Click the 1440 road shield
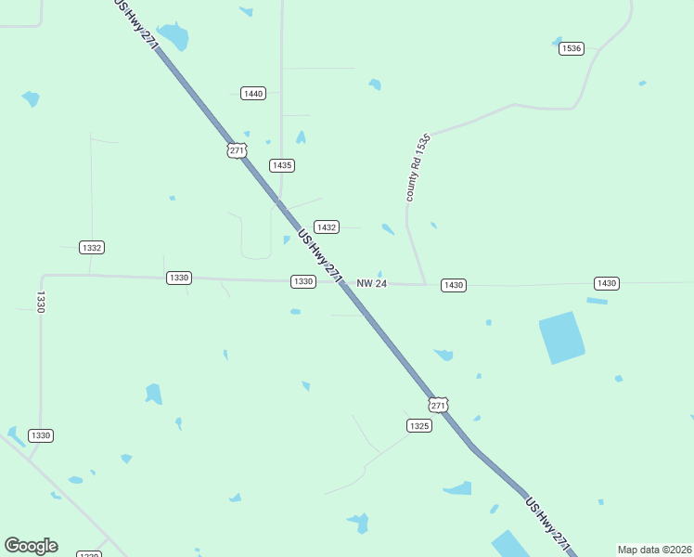click(252, 93)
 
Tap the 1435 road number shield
click(282, 165)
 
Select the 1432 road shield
click(326, 227)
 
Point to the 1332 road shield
click(92, 248)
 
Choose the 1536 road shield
click(572, 48)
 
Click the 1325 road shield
click(418, 425)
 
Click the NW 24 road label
click(371, 284)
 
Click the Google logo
click(31, 546)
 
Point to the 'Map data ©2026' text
click(654, 550)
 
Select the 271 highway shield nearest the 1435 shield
click(237, 150)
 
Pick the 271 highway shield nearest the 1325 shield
click(439, 406)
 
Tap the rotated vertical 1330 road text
click(41, 303)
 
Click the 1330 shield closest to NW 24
click(302, 281)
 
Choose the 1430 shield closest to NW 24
click(453, 285)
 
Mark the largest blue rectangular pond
click(562, 337)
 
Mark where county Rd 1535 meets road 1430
click(425, 284)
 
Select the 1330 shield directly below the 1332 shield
click(179, 278)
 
